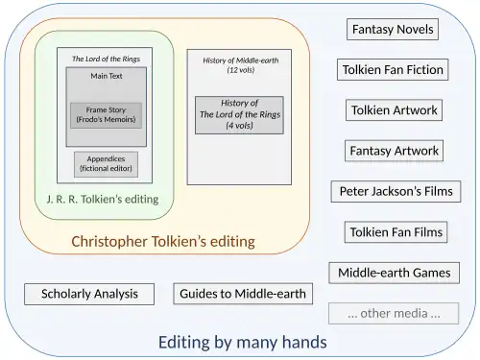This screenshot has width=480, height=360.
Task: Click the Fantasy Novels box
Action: coord(393,30)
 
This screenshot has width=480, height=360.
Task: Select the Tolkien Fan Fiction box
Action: coord(393,70)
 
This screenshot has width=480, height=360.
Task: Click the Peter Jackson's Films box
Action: coord(394,192)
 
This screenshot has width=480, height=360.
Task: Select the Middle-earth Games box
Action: coord(394,273)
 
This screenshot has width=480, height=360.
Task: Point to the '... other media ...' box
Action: coord(394,313)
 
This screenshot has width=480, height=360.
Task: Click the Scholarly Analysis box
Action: coord(89,294)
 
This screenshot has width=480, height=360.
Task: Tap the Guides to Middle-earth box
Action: coord(243,294)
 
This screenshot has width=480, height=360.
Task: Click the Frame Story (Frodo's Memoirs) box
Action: coord(106,115)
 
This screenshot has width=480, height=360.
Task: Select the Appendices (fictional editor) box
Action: coord(106,164)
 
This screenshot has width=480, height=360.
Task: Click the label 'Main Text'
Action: coord(106,75)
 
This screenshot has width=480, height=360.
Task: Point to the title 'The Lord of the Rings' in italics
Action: coord(106,59)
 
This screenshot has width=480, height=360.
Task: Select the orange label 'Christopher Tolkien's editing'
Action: coord(163,241)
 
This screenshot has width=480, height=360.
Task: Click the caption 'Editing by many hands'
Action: coord(242,342)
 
